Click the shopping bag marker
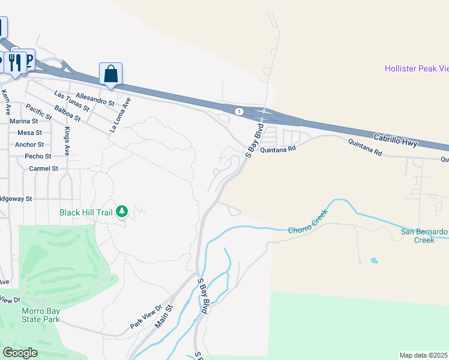pos(111,74)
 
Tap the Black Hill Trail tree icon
pos(122,211)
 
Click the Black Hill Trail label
pos(86,212)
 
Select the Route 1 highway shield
pos(239,112)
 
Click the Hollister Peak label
pos(417,69)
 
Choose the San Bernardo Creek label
pos(424,235)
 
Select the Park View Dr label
pos(146,317)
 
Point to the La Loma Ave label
pos(120,116)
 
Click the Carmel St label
pos(43,169)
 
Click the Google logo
pos(20,353)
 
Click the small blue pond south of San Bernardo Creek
pos(375,261)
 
